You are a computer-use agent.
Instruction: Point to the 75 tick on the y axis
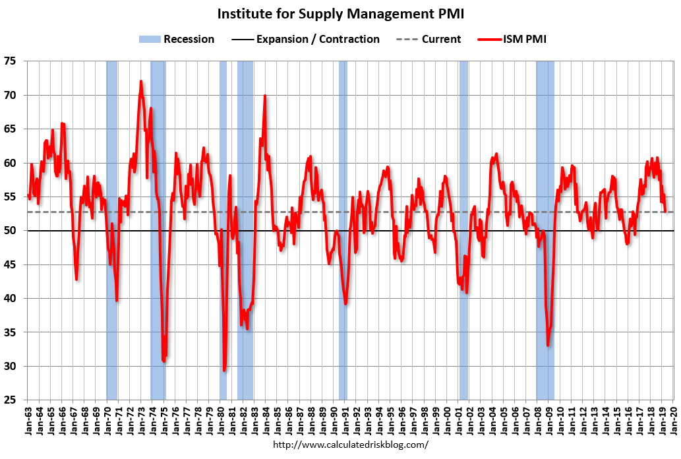(15, 61)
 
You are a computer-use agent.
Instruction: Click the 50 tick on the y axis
(15, 231)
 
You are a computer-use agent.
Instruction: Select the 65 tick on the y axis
(15, 129)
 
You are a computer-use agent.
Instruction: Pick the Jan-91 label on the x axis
(344, 417)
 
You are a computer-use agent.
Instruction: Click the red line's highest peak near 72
(140, 82)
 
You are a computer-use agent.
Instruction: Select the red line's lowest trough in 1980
(224, 370)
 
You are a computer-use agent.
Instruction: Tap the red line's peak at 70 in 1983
(265, 96)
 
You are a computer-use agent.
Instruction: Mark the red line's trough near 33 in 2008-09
(548, 345)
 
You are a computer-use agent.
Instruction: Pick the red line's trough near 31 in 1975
(163, 360)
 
